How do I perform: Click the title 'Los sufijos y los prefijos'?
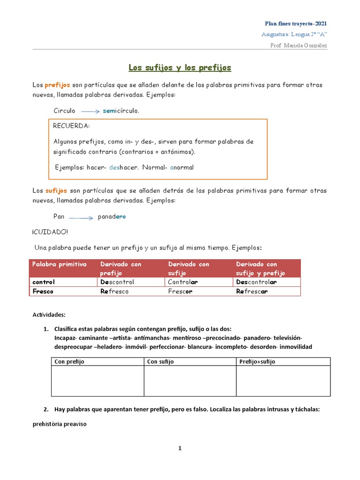point(180,68)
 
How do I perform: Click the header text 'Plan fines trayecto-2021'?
point(296,23)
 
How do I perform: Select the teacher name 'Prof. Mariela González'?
point(299,45)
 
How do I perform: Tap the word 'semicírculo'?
point(120,111)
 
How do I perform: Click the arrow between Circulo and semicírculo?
point(90,112)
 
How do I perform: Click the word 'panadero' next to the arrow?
point(112,217)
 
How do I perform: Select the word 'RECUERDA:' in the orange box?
point(71,126)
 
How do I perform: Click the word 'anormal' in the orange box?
point(181,167)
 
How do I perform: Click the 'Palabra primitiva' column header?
point(59,264)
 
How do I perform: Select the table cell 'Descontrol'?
point(117,282)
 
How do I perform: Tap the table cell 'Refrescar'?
point(252,291)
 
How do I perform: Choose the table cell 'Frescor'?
point(180,291)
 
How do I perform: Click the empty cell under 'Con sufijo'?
point(189,381)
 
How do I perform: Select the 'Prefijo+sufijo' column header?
point(257,361)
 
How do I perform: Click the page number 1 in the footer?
point(180,449)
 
